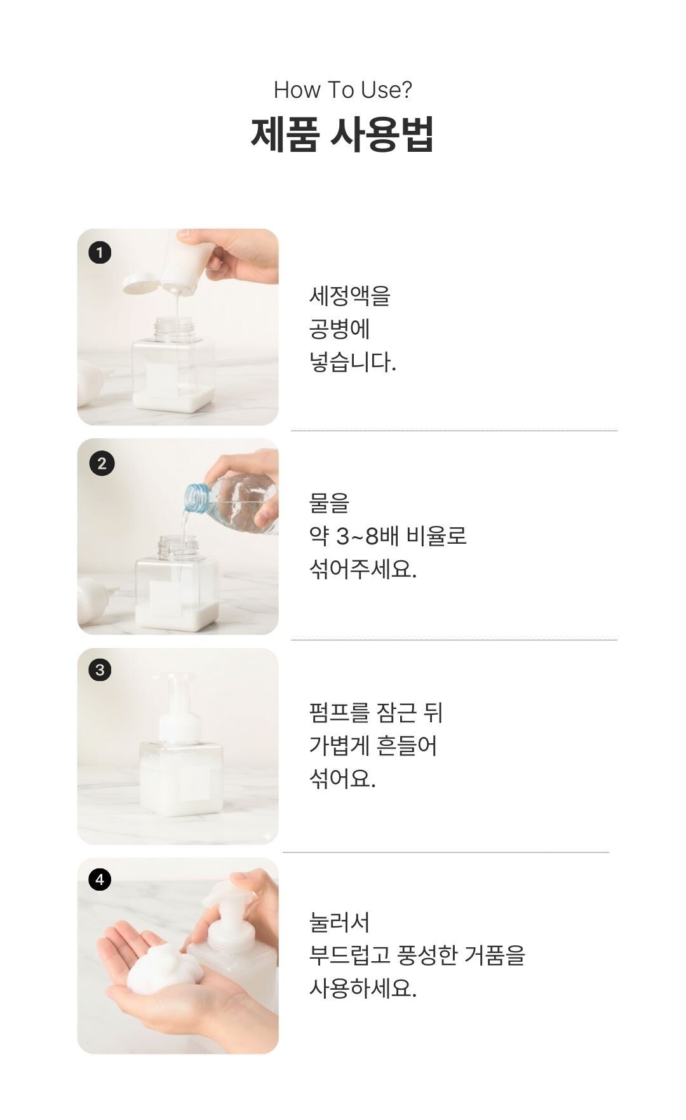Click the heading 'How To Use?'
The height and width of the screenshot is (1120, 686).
tap(342, 90)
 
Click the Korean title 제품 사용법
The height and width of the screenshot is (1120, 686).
tap(342, 134)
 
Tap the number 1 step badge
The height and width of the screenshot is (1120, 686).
tap(99, 253)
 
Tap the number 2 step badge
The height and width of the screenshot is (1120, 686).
tap(102, 463)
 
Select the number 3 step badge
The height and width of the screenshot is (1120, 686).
tap(100, 670)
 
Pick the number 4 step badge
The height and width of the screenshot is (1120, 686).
tap(100, 879)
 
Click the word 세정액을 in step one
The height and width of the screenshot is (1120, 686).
tap(349, 296)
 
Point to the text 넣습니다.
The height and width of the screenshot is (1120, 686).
tap(353, 363)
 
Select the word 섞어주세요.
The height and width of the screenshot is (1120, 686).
tap(363, 569)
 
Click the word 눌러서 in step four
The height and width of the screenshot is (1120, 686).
tap(339, 922)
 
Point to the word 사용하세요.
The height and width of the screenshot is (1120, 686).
tap(363, 988)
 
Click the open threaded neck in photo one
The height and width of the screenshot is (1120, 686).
tap(173, 330)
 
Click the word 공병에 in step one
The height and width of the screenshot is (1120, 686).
tap(339, 329)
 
